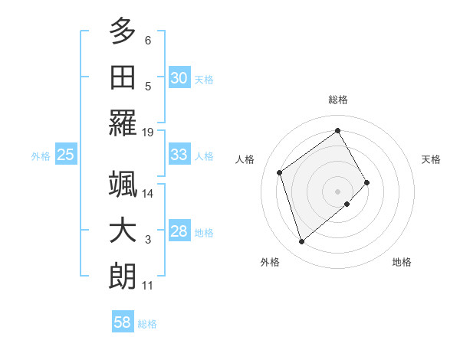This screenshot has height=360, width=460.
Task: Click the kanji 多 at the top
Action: (123, 31)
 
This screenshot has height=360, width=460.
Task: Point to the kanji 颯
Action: (123, 186)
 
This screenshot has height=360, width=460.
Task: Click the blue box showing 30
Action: (179, 77)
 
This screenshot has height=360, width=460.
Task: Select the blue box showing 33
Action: (179, 155)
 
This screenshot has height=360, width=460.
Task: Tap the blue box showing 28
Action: (179, 231)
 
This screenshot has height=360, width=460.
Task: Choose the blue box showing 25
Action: (66, 155)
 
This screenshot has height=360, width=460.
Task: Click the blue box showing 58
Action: (123, 322)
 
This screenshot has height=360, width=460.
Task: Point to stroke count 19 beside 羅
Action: (148, 133)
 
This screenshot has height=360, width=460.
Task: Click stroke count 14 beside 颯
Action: (148, 195)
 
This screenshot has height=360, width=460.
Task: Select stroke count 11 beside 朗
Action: (148, 286)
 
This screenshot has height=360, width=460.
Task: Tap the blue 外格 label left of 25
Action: (41, 156)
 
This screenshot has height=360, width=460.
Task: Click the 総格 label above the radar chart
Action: (337, 100)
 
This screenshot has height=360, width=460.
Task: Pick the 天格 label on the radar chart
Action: (431, 159)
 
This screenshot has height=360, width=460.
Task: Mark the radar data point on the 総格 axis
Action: (337, 130)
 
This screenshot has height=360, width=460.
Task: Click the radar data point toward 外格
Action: (301, 242)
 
